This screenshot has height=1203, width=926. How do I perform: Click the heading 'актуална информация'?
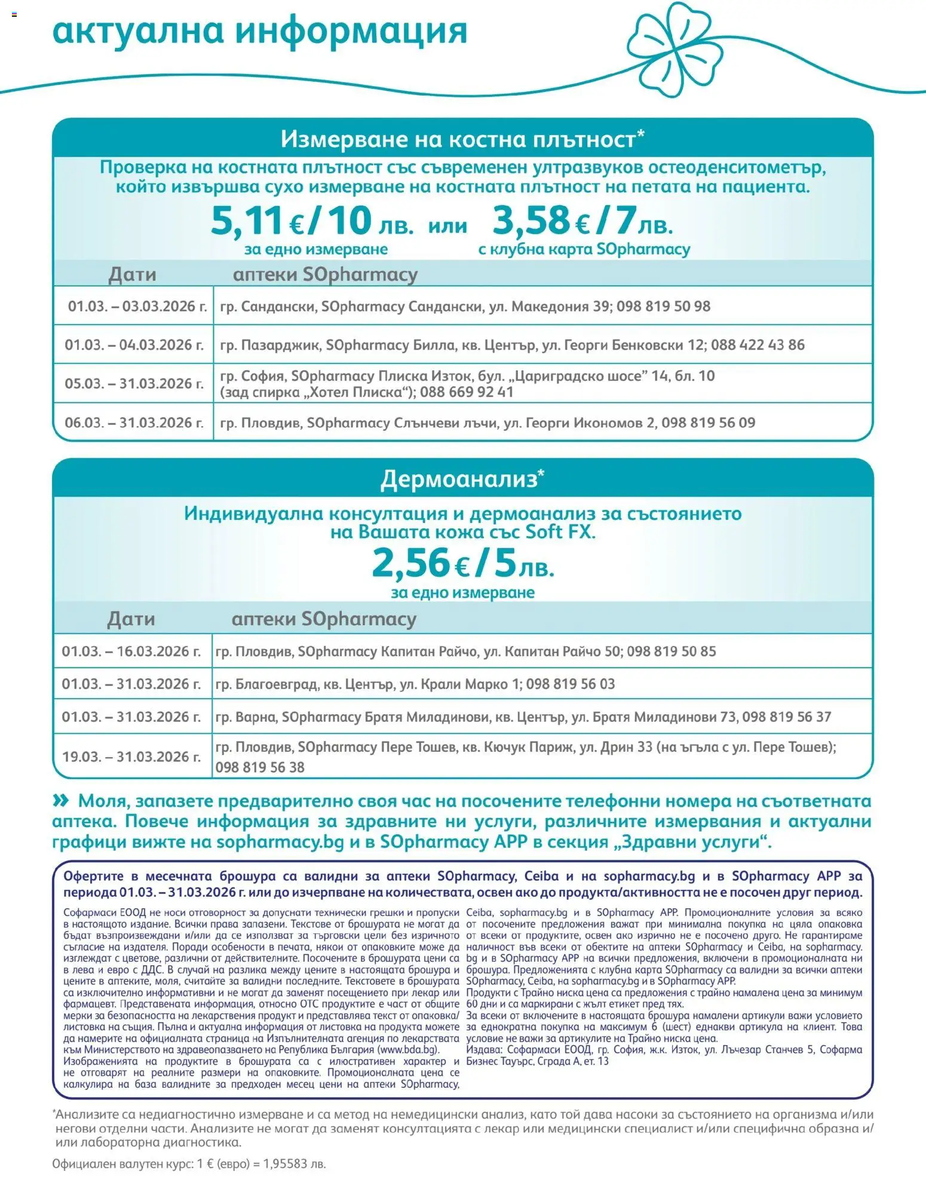tap(260, 31)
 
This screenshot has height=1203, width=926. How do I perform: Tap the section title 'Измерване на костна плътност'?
tap(458, 139)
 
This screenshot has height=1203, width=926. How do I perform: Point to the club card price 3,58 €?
tap(541, 221)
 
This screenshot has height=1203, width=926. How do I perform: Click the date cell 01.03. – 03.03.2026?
tap(137, 307)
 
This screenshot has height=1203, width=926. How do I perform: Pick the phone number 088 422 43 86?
tap(758, 345)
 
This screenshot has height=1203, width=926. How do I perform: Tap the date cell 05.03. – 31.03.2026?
tap(134, 383)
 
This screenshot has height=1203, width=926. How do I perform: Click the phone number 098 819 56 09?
tap(708, 423)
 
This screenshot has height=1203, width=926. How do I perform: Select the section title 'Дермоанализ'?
tap(459, 479)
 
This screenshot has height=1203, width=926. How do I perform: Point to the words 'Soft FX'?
tap(560, 532)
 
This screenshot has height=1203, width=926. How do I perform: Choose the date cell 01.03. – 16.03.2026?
tap(131, 651)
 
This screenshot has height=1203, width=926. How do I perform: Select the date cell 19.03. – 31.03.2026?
tap(131, 757)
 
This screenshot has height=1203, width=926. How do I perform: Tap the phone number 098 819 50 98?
tap(663, 307)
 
